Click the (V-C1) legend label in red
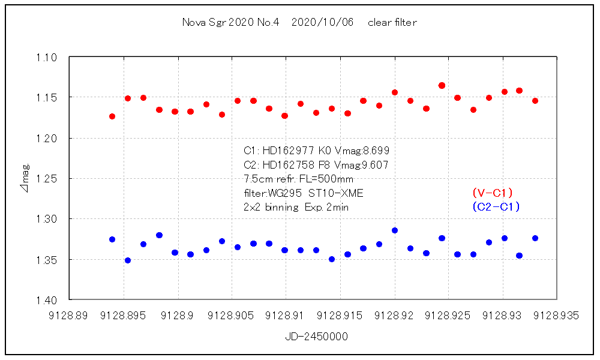[x=493, y=193]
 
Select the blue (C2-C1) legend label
[x=496, y=207]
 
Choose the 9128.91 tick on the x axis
[x=286, y=316]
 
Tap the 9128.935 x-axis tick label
[x=557, y=316]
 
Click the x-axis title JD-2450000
[x=316, y=337]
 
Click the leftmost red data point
[x=112, y=116]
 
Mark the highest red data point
[x=442, y=86]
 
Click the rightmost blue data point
[x=535, y=238]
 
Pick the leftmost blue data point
[x=112, y=239]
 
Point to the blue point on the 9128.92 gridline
[x=395, y=230]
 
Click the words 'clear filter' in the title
[x=392, y=23]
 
